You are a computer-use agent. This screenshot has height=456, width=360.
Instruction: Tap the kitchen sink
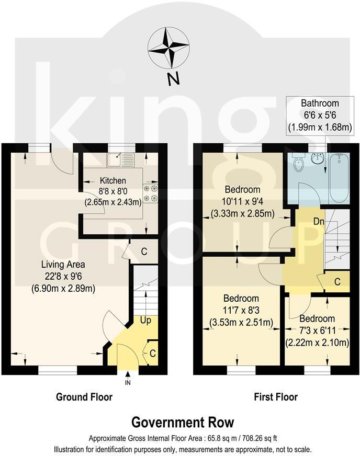coord(121,158)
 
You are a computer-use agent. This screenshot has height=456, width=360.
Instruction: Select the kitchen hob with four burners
coord(150,193)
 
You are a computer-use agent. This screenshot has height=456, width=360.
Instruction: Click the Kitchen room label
coord(114,181)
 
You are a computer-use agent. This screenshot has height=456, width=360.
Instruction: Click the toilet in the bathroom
coord(298,165)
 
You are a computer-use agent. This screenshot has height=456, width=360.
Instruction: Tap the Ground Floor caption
coord(84,397)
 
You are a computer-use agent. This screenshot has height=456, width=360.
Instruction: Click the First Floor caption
coord(276,397)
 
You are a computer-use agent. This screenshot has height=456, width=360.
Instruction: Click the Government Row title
coord(182,422)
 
